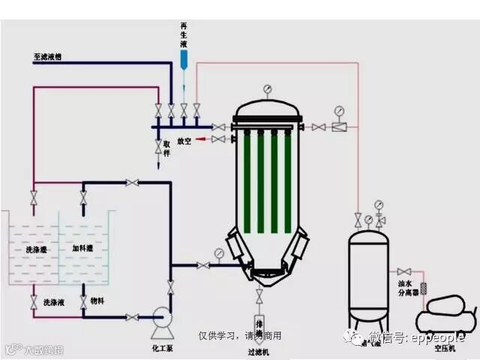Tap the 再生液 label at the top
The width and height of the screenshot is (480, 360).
coord(184,34)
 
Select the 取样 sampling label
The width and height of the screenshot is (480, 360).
coord(167,146)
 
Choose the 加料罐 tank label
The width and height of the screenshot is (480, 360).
coord(82,248)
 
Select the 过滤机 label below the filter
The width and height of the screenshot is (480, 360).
coord(258,351)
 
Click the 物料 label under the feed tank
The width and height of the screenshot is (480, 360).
coord(97,301)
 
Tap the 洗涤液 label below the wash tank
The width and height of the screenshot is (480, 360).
coord(54,301)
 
